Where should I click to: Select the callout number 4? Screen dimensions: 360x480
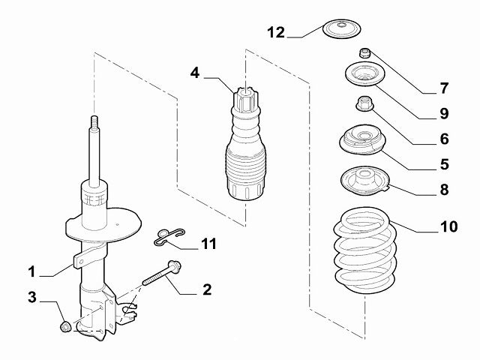click(x=194, y=73)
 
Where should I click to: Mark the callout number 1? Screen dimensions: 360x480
click(x=32, y=271)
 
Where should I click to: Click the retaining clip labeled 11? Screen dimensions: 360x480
click(x=166, y=237)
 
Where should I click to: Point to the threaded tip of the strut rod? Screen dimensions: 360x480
click(x=94, y=123)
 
